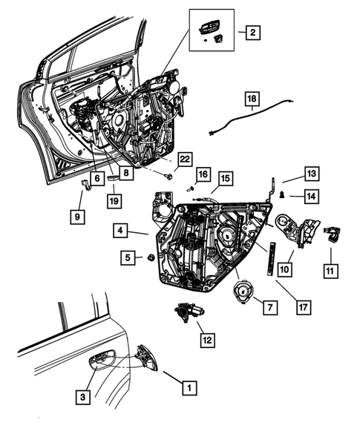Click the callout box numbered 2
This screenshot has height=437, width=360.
pos(252,33)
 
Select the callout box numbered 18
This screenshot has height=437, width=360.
pos(252,99)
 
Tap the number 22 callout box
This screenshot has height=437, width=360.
pos(185,159)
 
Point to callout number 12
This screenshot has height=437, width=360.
pos(208,340)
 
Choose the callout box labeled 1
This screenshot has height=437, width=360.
pos(189,388)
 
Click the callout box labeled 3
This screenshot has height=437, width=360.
pos(83,397)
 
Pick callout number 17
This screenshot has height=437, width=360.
pos(304,307)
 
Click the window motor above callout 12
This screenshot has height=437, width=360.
pos(189,312)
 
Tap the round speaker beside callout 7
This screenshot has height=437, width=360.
pos(243,291)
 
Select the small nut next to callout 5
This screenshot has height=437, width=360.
pos(151,257)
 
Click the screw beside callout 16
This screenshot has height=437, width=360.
pos(190,189)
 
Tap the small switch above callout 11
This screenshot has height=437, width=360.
pos(332,234)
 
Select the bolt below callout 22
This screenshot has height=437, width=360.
pos(168,176)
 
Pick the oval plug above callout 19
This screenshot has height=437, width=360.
pos(114,177)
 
